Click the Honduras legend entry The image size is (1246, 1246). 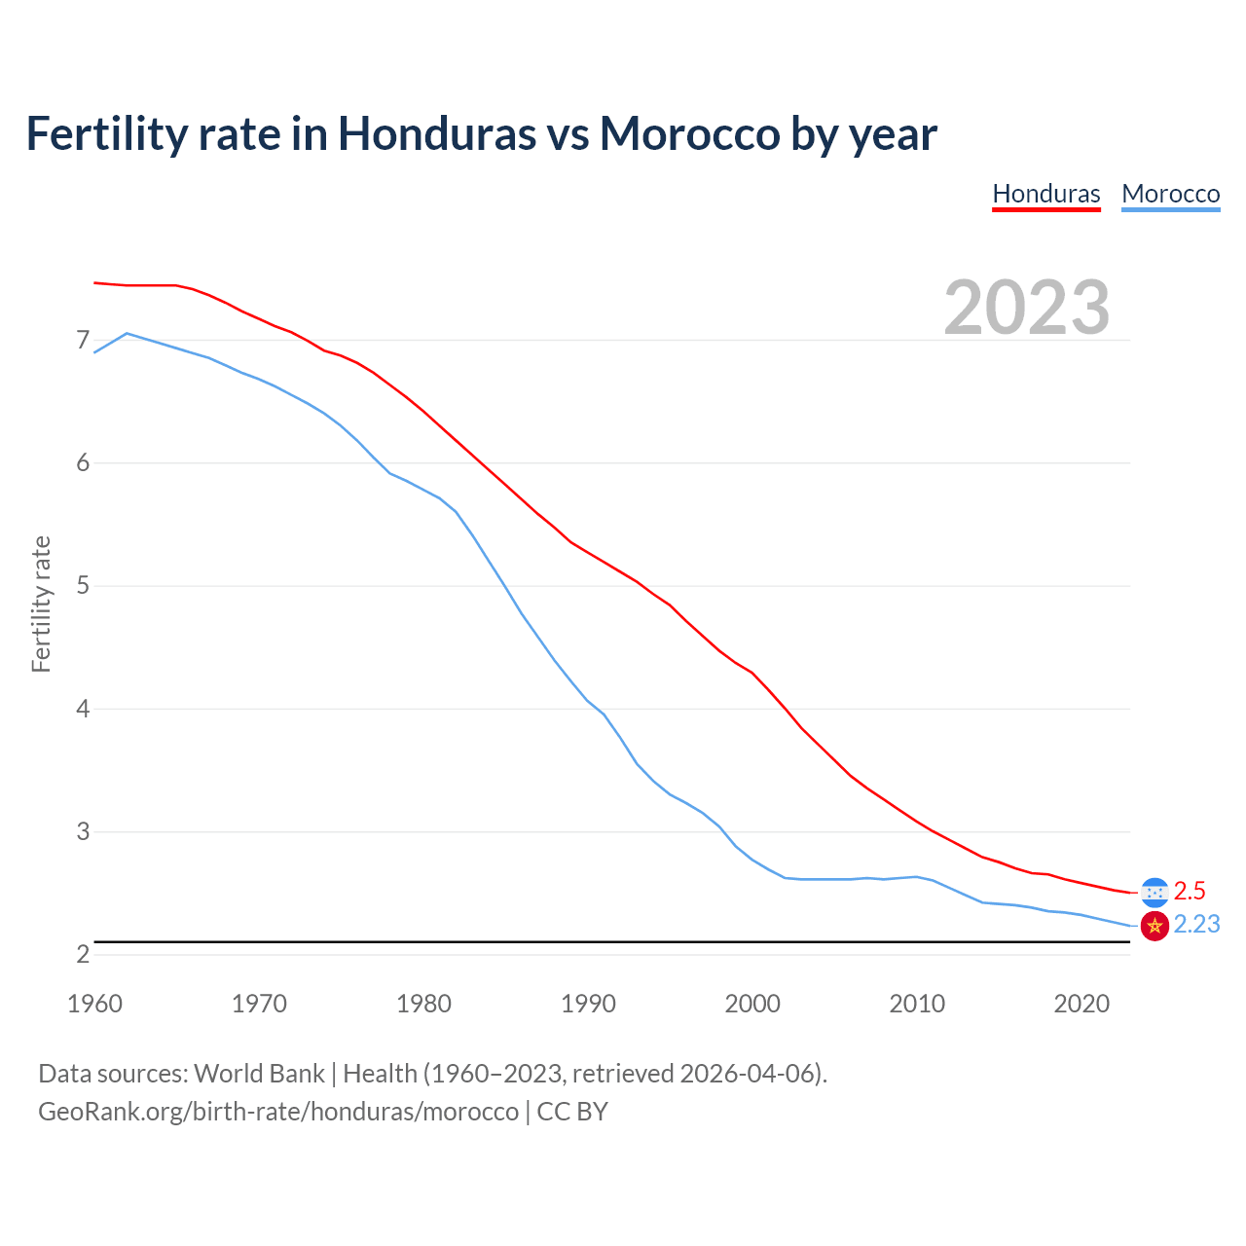click(1045, 194)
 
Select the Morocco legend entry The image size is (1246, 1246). click(1170, 194)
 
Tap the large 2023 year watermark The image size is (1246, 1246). click(1027, 308)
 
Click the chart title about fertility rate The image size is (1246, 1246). click(481, 133)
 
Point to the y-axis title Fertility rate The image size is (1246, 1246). click(41, 604)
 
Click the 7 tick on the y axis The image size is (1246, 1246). click(83, 341)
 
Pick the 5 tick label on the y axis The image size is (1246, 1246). click(83, 586)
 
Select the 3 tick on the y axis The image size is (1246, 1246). click(83, 832)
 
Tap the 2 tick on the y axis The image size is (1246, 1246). click(83, 955)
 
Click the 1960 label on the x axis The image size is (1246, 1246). click(94, 1004)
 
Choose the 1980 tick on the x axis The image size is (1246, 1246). click(423, 1004)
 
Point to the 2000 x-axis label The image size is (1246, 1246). click(752, 1004)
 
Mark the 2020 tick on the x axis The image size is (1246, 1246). click(1081, 1004)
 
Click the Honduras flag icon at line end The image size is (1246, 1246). click(1154, 892)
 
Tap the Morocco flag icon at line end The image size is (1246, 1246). click(1154, 926)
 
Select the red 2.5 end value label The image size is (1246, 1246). click(1190, 891)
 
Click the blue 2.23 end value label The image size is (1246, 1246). click(1196, 924)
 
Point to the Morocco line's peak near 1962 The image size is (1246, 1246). click(128, 333)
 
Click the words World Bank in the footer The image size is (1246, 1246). click(259, 1074)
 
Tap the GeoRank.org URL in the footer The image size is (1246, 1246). click(278, 1112)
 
